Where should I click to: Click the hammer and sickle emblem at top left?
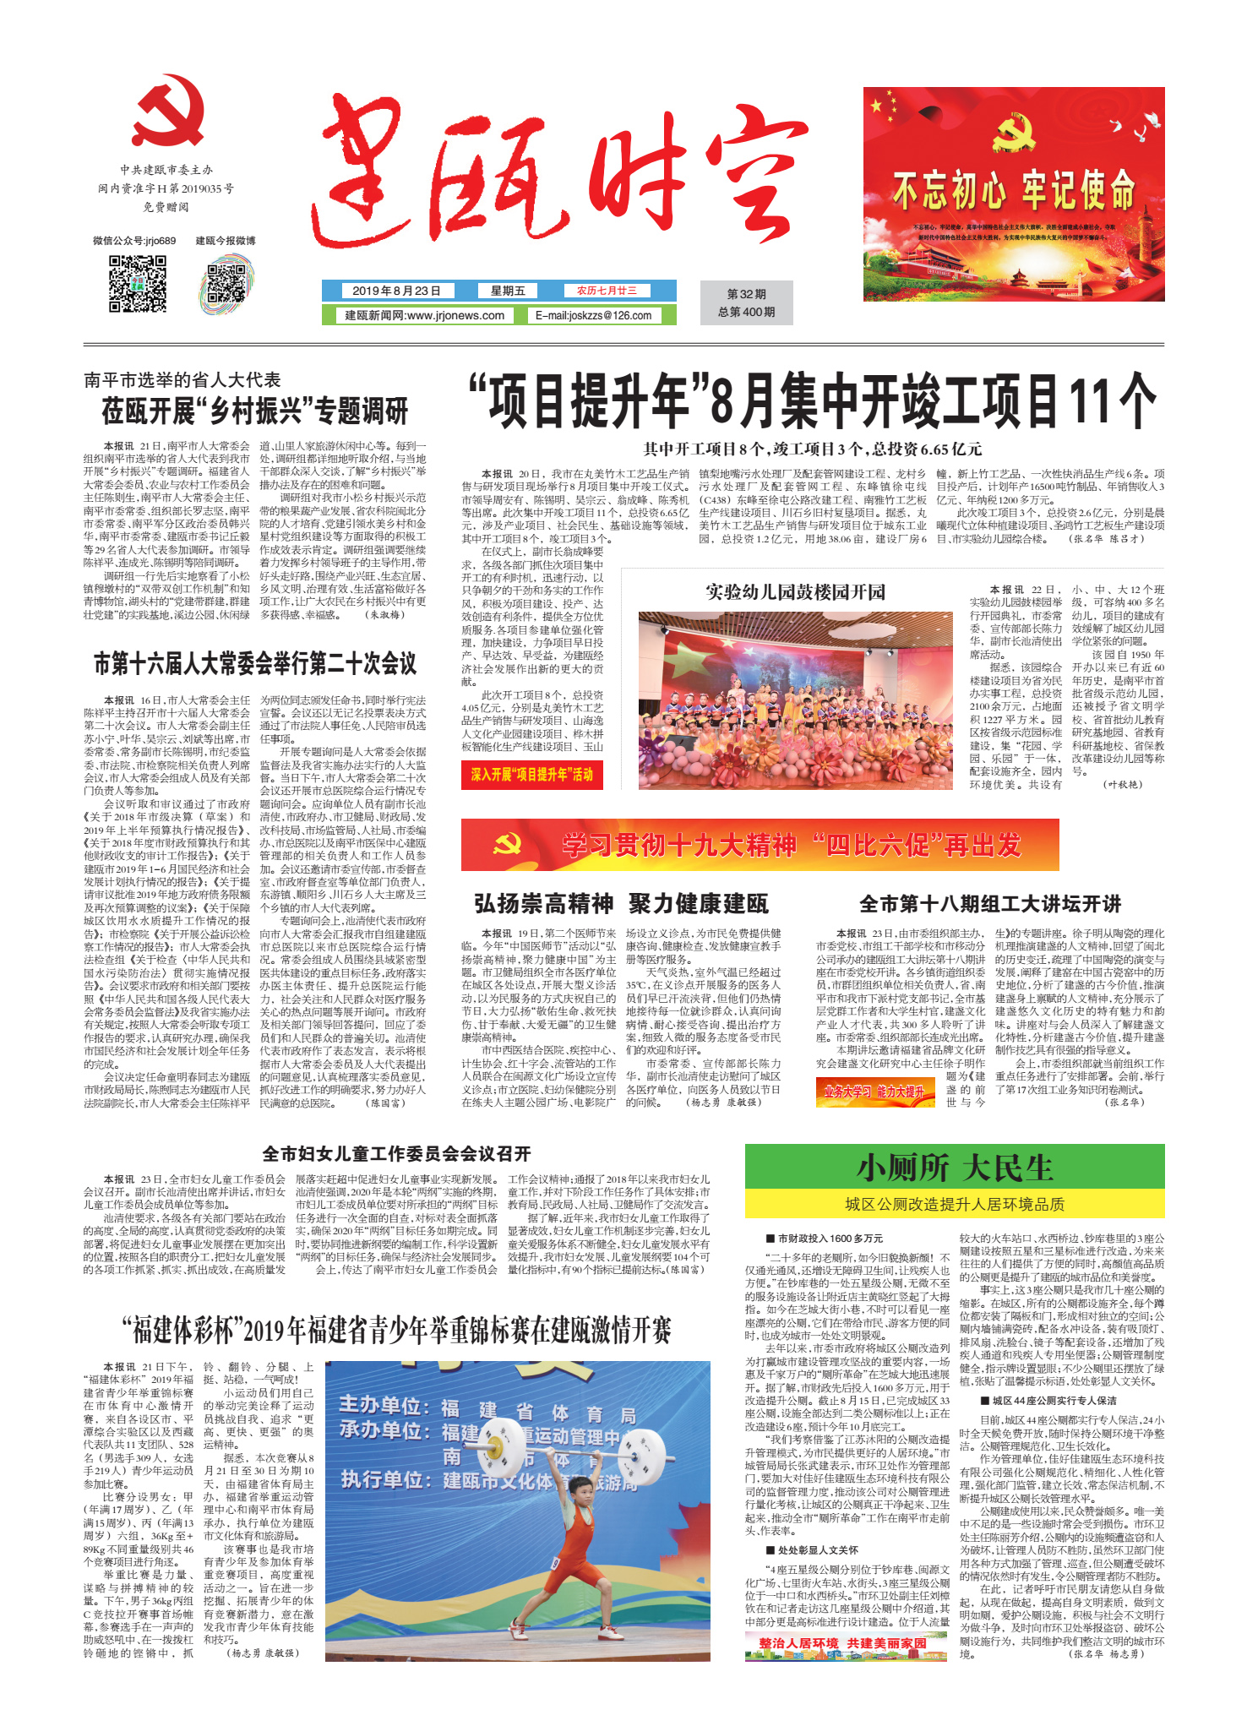168,112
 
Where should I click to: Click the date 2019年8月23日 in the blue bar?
396,291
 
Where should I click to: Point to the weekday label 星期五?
508,291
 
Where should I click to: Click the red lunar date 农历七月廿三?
607,291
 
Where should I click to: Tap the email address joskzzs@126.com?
593,315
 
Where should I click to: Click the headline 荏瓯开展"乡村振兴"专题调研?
254,411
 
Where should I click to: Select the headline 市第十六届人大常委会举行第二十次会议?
254,663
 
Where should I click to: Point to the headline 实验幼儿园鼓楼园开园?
795,591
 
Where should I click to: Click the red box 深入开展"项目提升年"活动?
531,774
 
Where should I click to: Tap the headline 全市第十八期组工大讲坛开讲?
989,904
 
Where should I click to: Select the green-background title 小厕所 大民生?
954,1168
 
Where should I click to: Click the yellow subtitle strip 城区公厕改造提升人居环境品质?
954,1204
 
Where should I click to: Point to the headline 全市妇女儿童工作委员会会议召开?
396,1154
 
